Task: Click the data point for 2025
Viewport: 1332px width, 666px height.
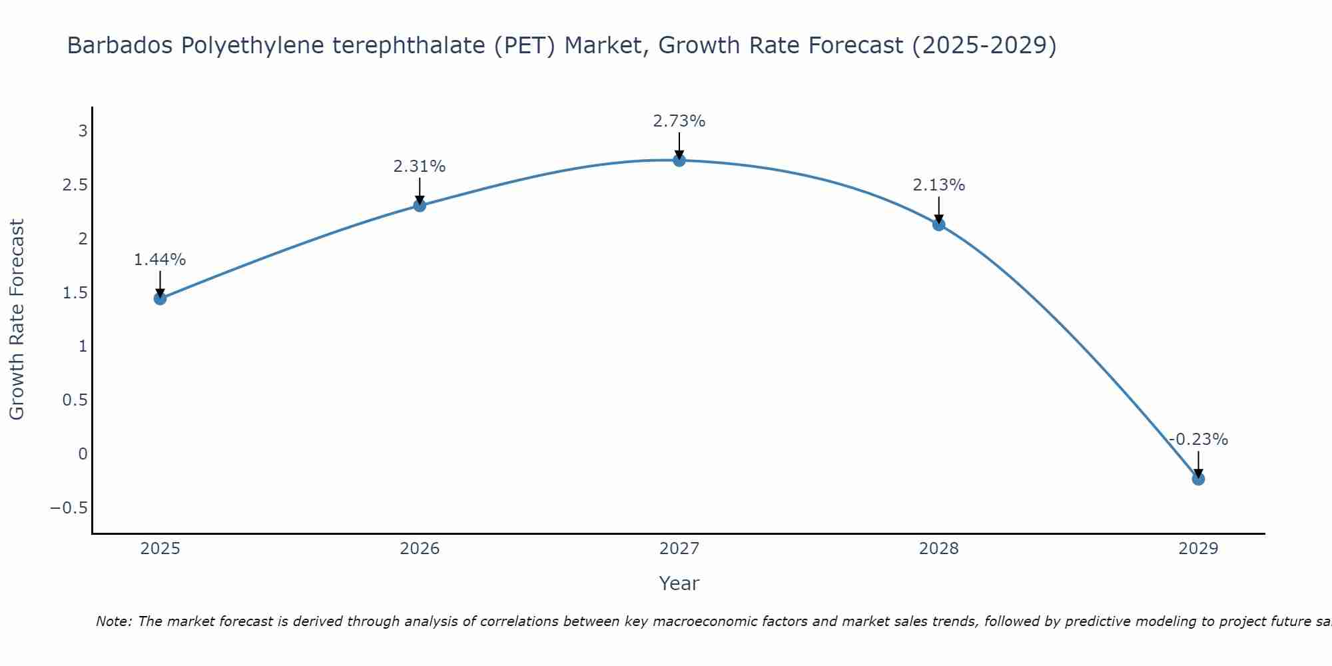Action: tap(160, 298)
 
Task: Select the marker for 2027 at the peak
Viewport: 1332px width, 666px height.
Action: tap(679, 161)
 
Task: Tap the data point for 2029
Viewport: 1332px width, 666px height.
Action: tap(1197, 479)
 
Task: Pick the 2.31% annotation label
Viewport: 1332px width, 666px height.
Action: tap(419, 166)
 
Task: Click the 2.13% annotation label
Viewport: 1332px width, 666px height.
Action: tap(938, 185)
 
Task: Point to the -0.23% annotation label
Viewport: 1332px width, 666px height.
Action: tap(1197, 440)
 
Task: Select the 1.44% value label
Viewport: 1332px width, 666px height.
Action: tap(160, 260)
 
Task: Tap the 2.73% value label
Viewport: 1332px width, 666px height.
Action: tap(679, 121)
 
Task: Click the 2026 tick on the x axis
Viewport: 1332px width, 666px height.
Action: tap(420, 549)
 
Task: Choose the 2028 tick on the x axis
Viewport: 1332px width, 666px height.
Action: tap(938, 549)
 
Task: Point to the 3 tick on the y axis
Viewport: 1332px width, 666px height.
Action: tap(83, 131)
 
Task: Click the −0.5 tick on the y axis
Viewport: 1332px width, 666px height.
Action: tap(69, 508)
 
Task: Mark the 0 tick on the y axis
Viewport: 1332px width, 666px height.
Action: tap(83, 454)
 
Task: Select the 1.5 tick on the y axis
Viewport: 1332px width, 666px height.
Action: tap(75, 293)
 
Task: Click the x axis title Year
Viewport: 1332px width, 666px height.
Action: tap(679, 583)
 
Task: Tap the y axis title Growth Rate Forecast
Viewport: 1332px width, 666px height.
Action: tap(17, 320)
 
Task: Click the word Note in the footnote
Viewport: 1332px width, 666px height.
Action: tap(113, 621)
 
